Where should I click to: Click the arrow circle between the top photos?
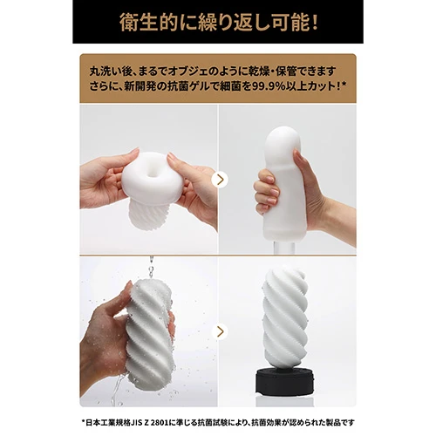219,179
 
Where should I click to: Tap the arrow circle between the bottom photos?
219,330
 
